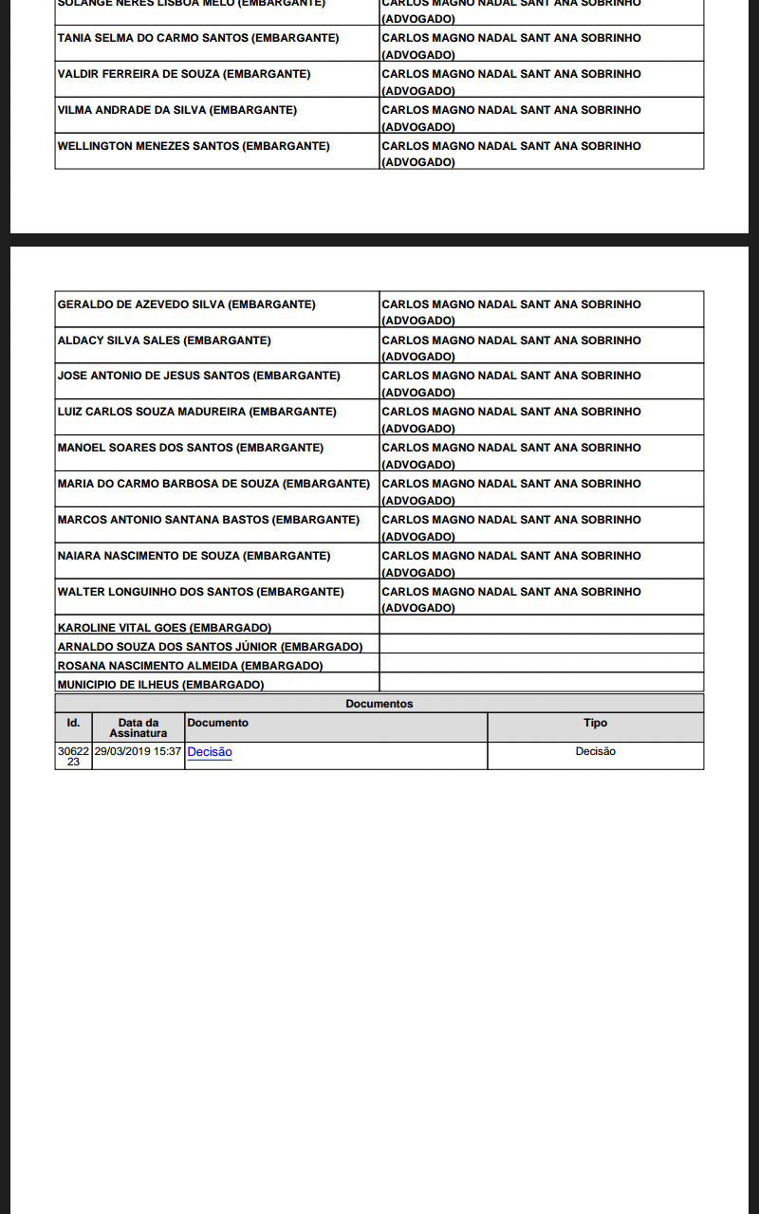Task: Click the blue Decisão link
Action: point(210,752)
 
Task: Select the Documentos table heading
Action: point(379,704)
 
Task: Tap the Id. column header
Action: point(73,723)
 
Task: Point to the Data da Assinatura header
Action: point(138,727)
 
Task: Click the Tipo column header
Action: point(595,723)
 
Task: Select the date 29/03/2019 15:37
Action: point(138,751)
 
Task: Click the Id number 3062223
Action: point(73,756)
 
